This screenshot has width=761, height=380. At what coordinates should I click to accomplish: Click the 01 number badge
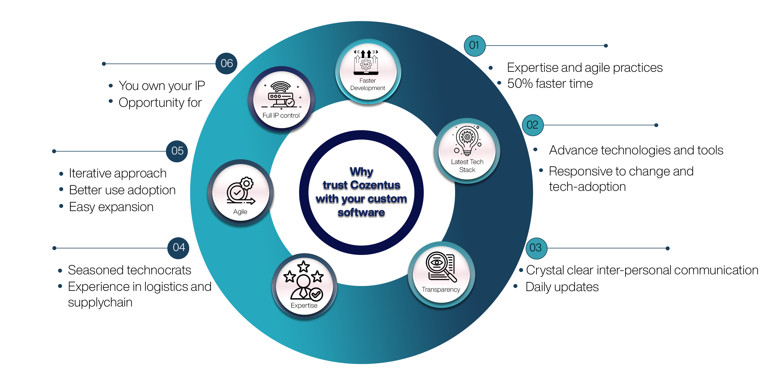pyautogui.click(x=474, y=46)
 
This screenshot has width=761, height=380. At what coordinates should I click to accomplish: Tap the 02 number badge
pyautogui.click(x=532, y=125)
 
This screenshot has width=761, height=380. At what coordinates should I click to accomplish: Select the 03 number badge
pyautogui.click(x=536, y=248)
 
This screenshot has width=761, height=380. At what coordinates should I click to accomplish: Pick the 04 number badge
pyautogui.click(x=178, y=248)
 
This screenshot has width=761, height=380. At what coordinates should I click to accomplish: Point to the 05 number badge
pyautogui.click(x=177, y=151)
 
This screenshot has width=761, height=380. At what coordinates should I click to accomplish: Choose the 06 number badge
pyautogui.click(x=226, y=64)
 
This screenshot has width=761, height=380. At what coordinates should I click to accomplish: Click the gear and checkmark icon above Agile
pyautogui.click(x=240, y=191)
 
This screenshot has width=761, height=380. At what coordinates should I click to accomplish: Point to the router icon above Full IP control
pyautogui.click(x=281, y=95)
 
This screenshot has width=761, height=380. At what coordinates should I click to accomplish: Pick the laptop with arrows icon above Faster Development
pyautogui.click(x=366, y=62)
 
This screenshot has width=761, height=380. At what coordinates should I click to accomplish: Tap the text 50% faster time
pyautogui.click(x=550, y=84)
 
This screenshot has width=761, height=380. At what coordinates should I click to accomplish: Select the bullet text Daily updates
pyautogui.click(x=562, y=287)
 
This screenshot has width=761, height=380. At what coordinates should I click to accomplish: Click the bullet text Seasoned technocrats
pyautogui.click(x=129, y=270)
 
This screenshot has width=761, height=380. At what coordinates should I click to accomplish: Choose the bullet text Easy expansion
pyautogui.click(x=111, y=207)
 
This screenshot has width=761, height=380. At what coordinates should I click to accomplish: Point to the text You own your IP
pyautogui.click(x=162, y=86)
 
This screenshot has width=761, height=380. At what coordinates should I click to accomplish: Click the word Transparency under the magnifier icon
pyautogui.click(x=441, y=289)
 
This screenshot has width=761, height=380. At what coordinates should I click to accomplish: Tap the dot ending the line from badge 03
pyautogui.click(x=667, y=248)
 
